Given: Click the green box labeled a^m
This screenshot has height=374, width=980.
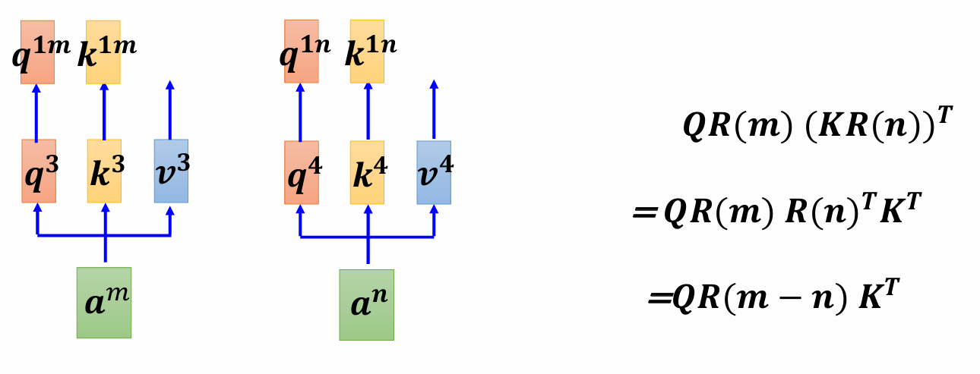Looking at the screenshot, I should (104, 302).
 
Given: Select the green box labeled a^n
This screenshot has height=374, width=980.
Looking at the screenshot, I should (366, 304).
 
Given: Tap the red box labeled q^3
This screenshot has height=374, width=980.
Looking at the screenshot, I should (39, 171).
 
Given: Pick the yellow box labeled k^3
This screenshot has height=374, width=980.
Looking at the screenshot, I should (104, 171).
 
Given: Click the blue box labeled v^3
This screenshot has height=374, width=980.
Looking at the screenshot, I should (171, 171).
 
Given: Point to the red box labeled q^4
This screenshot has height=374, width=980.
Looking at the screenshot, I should (302, 172).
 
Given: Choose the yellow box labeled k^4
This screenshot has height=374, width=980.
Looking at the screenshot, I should (367, 172).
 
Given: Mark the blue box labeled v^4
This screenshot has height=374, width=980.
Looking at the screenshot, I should (434, 172).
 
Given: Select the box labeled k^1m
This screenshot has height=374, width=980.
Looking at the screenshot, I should (104, 52).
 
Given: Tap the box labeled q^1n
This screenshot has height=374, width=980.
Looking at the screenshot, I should (302, 52).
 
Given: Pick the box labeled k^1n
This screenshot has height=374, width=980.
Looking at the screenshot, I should (367, 52).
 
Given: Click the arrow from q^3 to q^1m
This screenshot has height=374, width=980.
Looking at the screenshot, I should (36, 114).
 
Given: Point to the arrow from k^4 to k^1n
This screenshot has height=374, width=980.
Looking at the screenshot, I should (368, 114).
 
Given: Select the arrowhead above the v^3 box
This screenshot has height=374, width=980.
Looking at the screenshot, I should (170, 85).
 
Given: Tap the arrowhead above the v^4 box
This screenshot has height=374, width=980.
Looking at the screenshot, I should (434, 85).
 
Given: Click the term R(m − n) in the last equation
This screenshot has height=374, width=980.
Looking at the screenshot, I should (782, 297).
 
